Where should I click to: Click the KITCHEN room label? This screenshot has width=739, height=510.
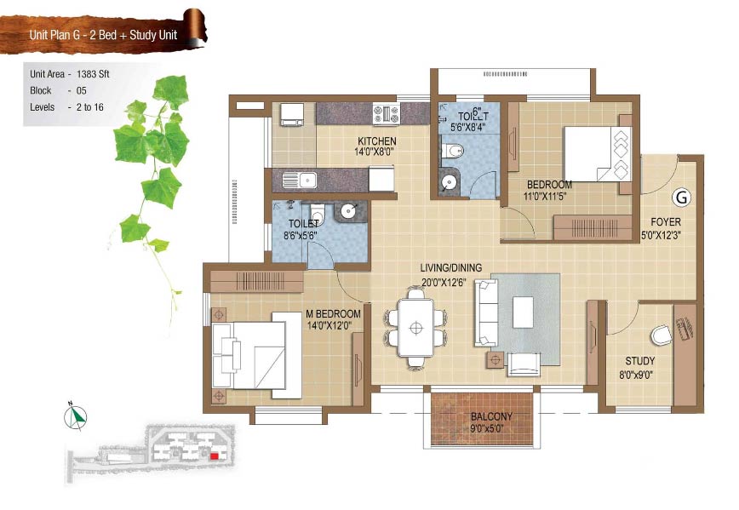tap(377, 141)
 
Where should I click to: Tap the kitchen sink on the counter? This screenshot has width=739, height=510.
tap(300, 180)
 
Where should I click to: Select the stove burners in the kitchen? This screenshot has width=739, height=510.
tap(387, 113)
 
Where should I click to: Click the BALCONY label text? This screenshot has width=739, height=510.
tap(491, 416)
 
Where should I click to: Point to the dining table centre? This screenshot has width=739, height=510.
tap(415, 328)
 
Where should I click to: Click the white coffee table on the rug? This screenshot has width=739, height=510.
tap(523, 312)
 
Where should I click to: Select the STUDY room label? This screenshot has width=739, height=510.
tap(639, 361)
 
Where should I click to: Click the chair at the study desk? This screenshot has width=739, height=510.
tap(662, 335)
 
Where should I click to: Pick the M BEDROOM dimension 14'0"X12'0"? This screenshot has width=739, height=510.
tap(329, 325)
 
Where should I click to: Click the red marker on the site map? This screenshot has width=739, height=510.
tap(215, 456)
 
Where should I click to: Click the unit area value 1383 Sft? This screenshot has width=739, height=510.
tap(93, 74)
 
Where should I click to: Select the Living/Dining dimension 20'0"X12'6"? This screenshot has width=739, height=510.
tap(444, 283)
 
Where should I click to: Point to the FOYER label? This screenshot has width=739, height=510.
tap(666, 221)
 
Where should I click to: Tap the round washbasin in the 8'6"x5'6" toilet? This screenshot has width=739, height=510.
tap(349, 210)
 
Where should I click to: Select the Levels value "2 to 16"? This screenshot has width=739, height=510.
tap(89, 107)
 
